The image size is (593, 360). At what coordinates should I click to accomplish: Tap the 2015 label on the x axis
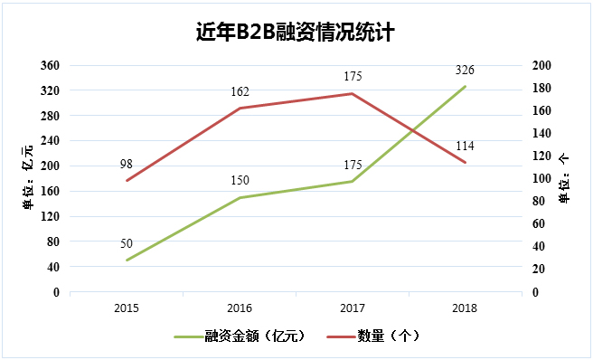pyautogui.click(x=127, y=308)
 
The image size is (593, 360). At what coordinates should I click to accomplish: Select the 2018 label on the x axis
pyautogui.click(x=465, y=308)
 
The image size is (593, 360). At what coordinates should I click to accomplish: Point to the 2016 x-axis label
pyautogui.click(x=239, y=308)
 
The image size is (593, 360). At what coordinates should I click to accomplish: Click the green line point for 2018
pyautogui.click(x=465, y=87)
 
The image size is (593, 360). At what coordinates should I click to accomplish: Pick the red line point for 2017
pyautogui.click(x=352, y=93)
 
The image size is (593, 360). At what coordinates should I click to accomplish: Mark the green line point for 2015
pyautogui.click(x=127, y=261)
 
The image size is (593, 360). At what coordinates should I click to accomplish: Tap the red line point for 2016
pyautogui.click(x=239, y=109)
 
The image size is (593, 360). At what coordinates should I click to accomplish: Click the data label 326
pyautogui.click(x=465, y=71)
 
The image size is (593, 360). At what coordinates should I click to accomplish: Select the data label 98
pyautogui.click(x=127, y=164)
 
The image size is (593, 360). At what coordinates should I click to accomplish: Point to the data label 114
pyautogui.click(x=465, y=146)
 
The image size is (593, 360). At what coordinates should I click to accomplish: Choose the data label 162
pyautogui.click(x=239, y=91)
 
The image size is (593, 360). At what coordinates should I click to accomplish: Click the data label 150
pyautogui.click(x=239, y=181)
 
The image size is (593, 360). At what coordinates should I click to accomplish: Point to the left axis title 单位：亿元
pyautogui.click(x=30, y=177)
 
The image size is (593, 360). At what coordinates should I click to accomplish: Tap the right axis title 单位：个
pyautogui.click(x=565, y=177)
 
